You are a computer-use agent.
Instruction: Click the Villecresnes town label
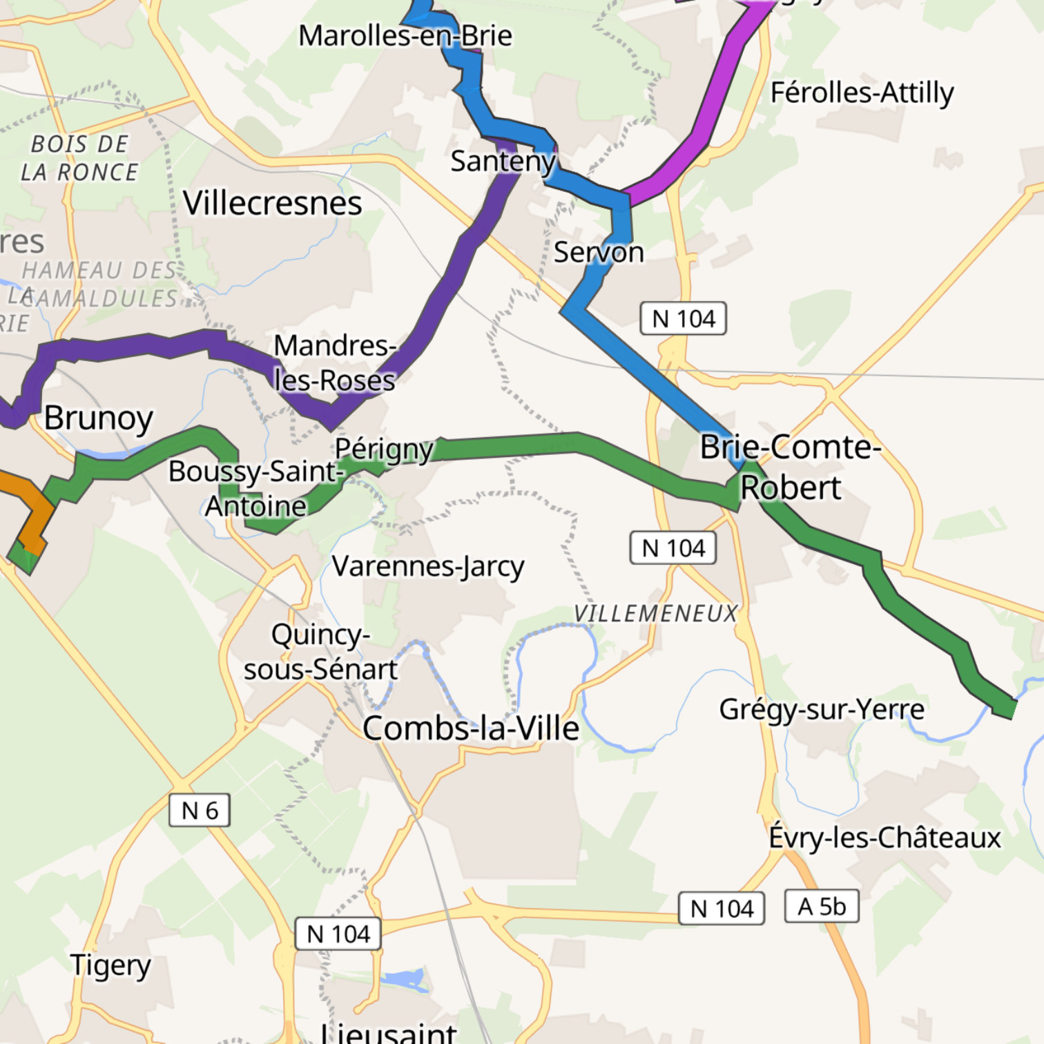(272, 203)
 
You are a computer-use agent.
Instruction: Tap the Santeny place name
(503, 162)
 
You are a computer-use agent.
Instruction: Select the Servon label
(598, 253)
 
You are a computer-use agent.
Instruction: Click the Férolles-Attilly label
(862, 93)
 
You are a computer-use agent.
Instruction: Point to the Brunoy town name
(98, 418)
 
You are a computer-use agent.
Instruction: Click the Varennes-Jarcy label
(428, 567)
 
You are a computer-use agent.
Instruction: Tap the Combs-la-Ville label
(471, 728)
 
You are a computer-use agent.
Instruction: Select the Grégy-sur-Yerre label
(822, 710)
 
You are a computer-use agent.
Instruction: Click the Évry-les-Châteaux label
(884, 838)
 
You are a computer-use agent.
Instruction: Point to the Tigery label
(110, 965)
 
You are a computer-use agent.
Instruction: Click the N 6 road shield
(200, 810)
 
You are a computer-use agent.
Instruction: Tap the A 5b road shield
(822, 906)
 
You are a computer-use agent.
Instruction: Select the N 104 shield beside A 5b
(722, 909)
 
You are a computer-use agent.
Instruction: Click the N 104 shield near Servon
(683, 318)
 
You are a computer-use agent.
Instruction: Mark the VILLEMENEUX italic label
(656, 613)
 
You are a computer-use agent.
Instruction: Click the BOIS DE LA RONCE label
(79, 158)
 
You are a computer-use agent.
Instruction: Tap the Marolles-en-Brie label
(405, 36)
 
